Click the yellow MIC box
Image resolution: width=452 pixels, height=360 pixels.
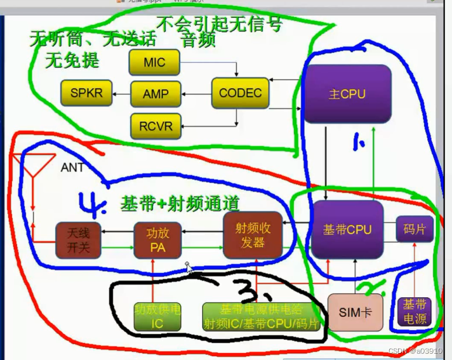tap(154, 62)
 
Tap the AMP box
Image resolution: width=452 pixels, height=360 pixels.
tap(156, 94)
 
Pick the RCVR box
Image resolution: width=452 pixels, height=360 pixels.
tap(156, 126)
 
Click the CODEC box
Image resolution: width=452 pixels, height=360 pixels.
tap(240, 93)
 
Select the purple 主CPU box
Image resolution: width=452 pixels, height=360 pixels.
tap(347, 94)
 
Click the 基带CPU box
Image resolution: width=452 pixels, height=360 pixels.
tap(347, 229)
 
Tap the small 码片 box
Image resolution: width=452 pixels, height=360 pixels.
tap(415, 229)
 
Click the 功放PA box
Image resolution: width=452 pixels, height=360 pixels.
tap(156, 240)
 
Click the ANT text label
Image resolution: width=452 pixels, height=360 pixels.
tap(73, 168)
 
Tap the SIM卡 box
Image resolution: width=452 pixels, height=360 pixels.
tap(355, 312)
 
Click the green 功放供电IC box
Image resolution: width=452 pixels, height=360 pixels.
tap(157, 316)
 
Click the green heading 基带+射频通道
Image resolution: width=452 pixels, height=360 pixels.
tap(180, 204)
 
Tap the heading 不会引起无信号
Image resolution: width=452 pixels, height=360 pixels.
tap(219, 25)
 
